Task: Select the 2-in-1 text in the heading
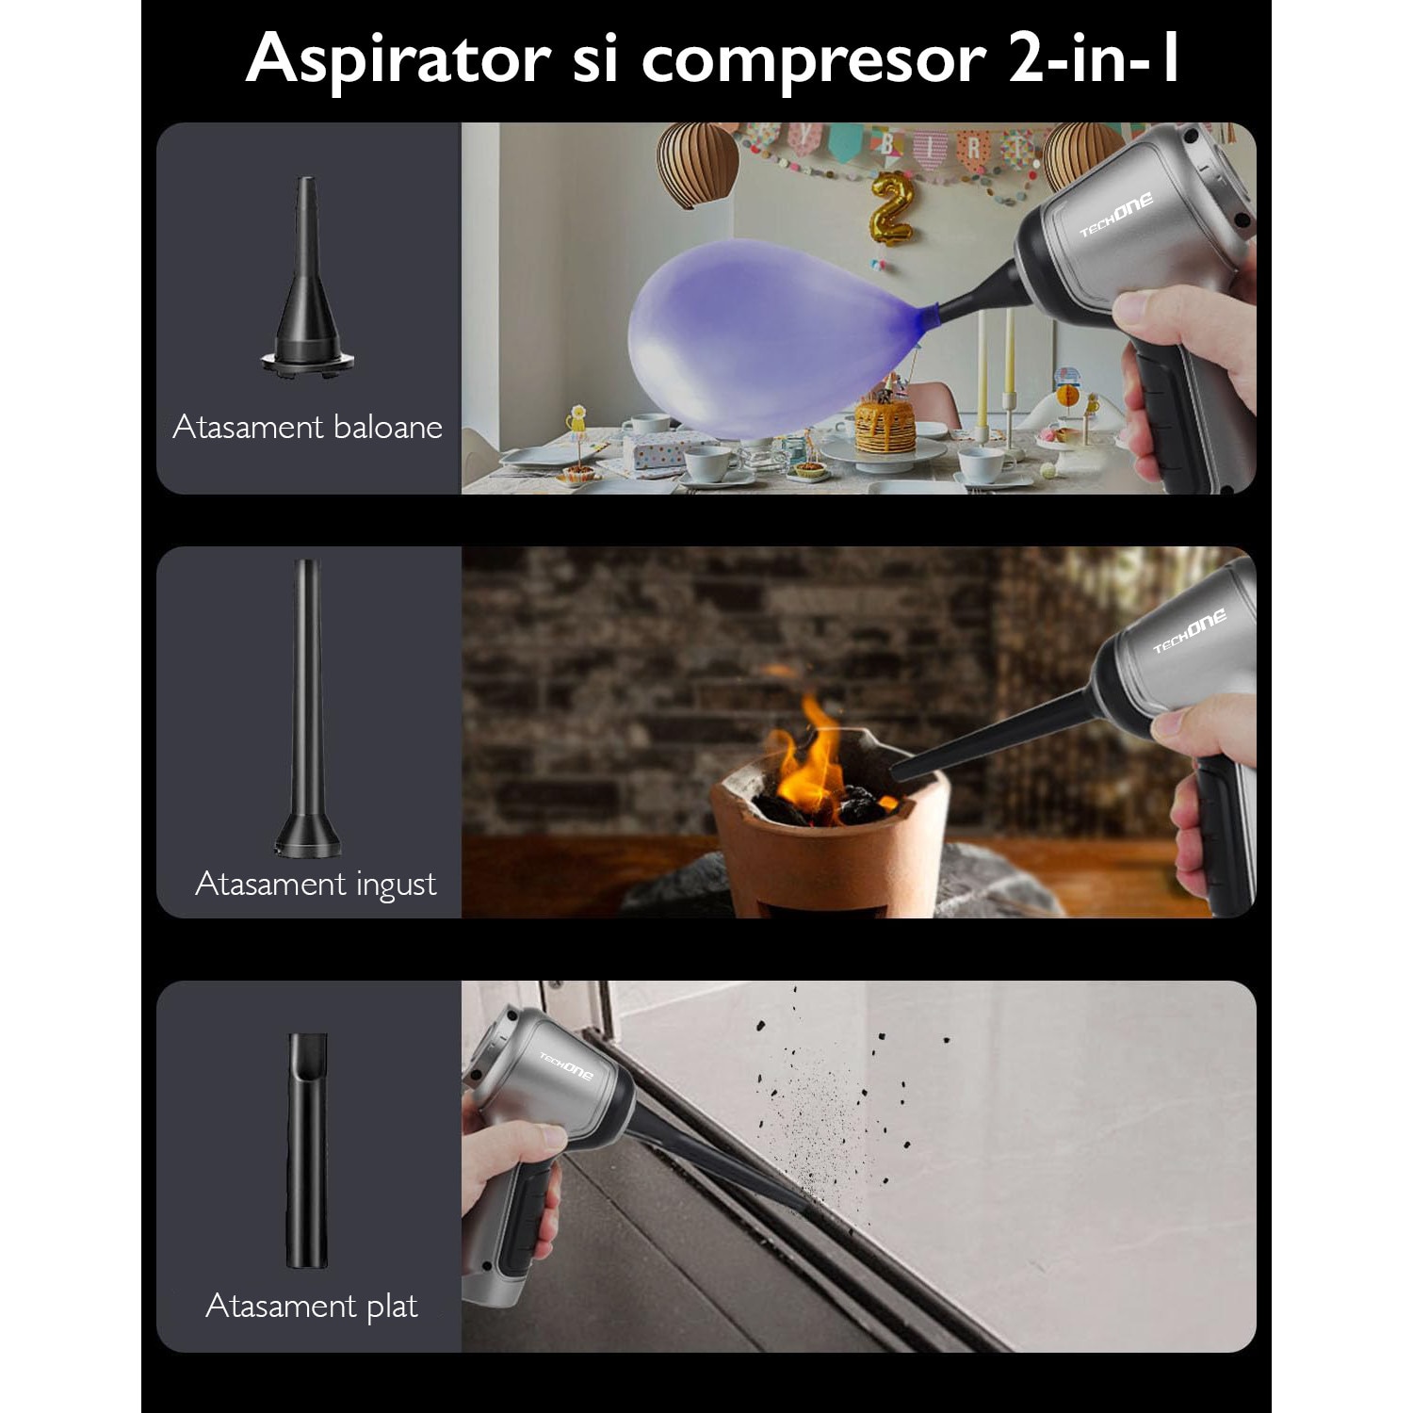coord(1093,58)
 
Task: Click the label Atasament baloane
coord(307,428)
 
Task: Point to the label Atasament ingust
coord(316,884)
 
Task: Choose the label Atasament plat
coord(311,1306)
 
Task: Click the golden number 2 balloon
coord(891,208)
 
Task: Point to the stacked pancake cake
coord(884,427)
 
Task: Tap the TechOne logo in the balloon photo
coord(1115,216)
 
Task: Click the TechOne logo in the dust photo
coord(566,1065)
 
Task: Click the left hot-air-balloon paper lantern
coord(697,163)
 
